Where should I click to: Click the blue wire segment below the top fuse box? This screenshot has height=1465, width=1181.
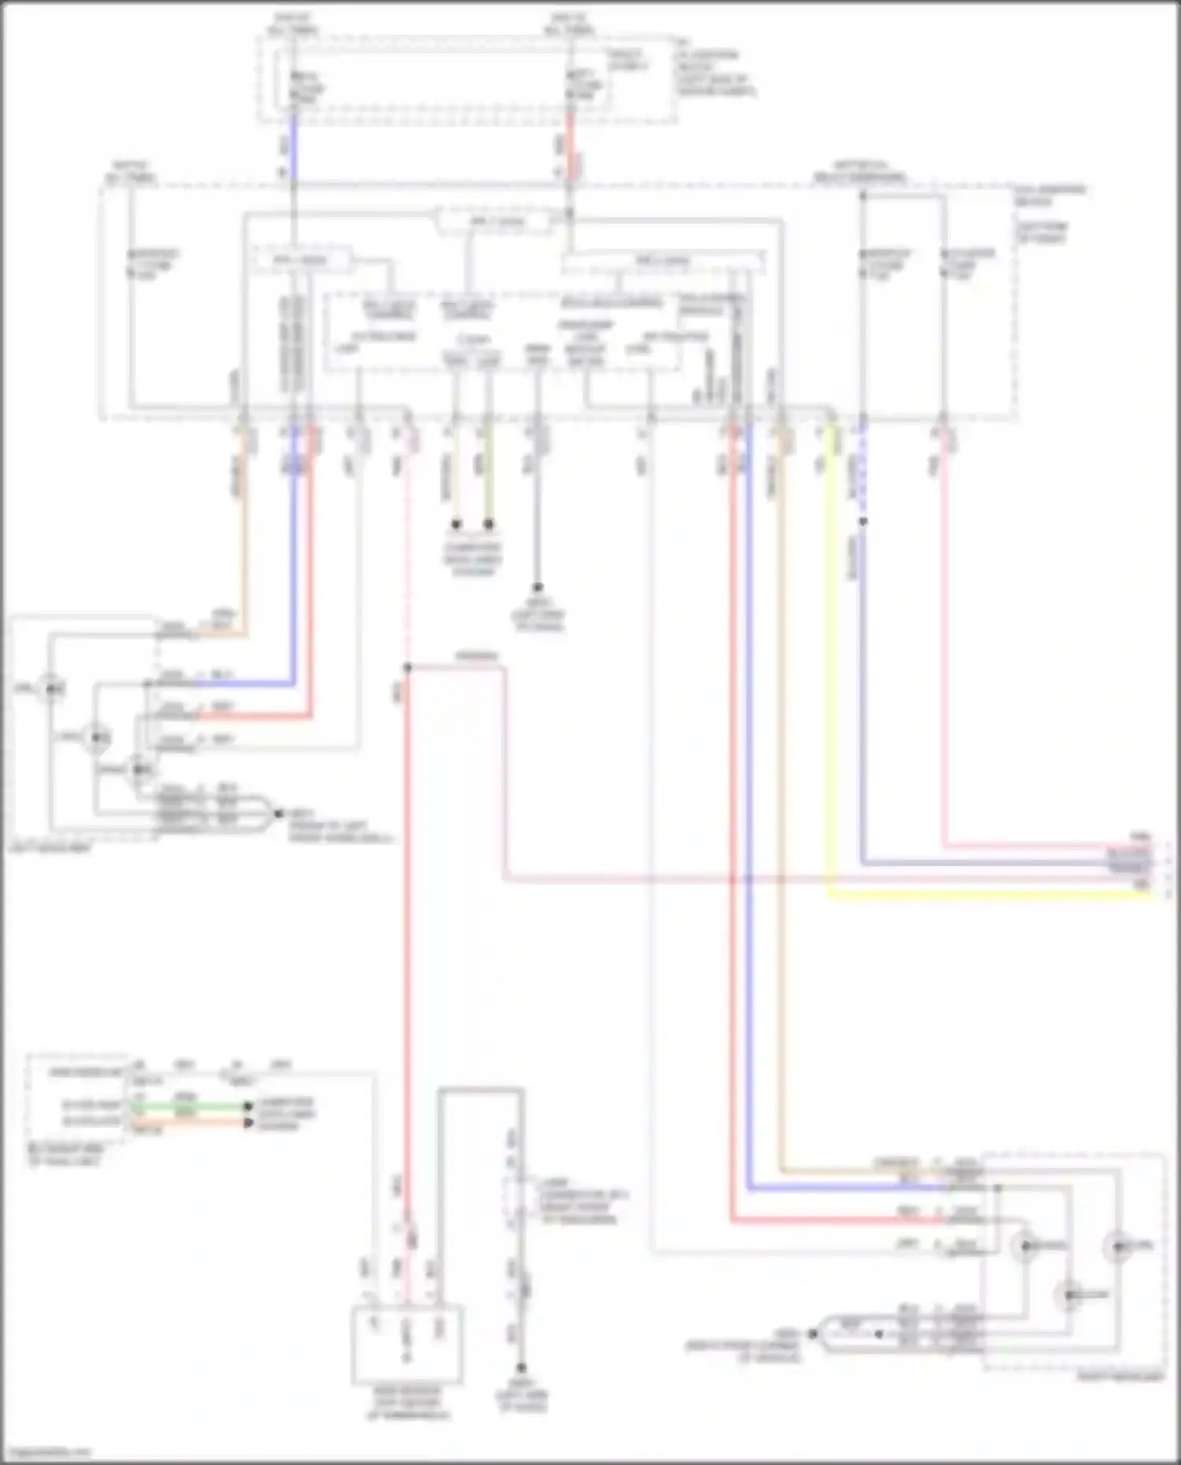tap(294, 150)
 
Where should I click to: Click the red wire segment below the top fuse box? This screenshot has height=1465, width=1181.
tap(570, 150)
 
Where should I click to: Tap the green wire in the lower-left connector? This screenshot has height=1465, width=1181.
tap(189, 1105)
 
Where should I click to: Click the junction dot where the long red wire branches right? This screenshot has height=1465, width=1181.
tap(408, 668)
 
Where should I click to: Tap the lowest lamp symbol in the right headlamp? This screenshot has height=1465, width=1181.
tap(1068, 1295)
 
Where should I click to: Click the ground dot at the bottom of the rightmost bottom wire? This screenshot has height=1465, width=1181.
tap(520, 1368)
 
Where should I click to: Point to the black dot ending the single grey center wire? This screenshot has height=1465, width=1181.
tap(538, 587)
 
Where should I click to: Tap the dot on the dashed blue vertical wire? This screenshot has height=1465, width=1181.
tap(863, 521)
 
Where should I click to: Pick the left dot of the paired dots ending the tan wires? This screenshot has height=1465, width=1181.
tap(456, 524)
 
